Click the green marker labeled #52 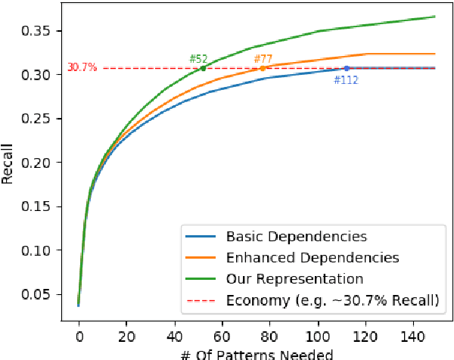click(203, 68)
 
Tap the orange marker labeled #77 click(263, 68)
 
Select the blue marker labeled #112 click(347, 68)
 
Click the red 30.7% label click(82, 67)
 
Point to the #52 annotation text click(198, 59)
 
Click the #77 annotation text click(263, 59)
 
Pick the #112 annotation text click(346, 78)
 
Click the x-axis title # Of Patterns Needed click(257, 352)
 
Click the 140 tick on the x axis click(413, 335)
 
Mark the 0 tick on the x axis click(79, 335)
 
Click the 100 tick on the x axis click(318, 335)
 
